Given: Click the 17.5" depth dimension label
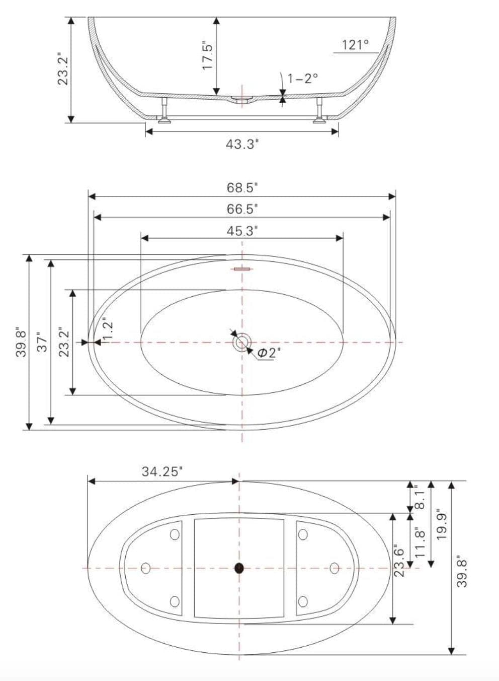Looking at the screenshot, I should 208,55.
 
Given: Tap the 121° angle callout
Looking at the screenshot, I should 355,45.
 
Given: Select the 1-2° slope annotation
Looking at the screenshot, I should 302,78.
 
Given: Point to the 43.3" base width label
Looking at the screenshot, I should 242,144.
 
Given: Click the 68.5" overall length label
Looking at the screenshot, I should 242,188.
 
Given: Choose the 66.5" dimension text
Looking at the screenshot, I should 242,209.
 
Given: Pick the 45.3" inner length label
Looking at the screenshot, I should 242,231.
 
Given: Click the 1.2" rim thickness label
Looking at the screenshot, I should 108,330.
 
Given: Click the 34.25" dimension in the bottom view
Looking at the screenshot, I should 161,472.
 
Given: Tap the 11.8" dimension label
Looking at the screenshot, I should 421,541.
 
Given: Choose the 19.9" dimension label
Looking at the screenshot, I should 442,524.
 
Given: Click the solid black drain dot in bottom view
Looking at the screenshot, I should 239,568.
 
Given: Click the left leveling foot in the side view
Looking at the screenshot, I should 164,112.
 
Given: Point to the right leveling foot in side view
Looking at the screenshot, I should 319,112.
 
